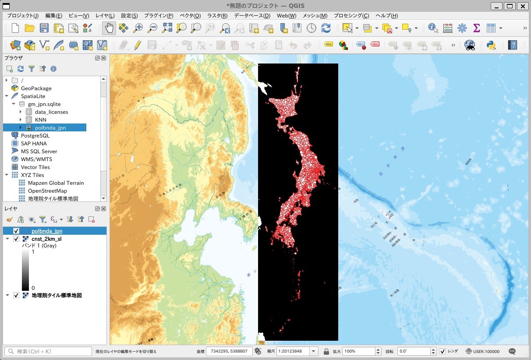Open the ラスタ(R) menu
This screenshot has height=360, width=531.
click(217, 16)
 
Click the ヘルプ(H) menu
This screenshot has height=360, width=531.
click(386, 16)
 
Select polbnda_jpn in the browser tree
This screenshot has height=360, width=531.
click(50, 128)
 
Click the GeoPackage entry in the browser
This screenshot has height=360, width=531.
click(36, 88)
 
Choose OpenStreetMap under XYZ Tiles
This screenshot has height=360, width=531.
click(47, 191)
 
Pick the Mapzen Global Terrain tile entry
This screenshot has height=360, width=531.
click(56, 183)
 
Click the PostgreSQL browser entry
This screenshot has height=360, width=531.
click(35, 136)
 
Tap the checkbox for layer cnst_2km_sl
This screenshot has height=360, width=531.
click(16, 239)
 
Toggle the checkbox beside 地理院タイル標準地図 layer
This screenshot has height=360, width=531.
click(16, 296)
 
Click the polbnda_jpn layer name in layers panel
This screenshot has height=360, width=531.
click(46, 231)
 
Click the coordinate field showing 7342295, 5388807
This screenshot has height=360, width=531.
click(228, 351)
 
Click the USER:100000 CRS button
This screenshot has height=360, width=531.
click(482, 351)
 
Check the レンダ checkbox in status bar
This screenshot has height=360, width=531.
click(442, 351)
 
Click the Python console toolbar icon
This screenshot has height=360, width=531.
click(491, 45)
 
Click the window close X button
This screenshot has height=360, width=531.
click(523, 6)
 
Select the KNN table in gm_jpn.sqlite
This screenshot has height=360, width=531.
click(40, 120)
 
